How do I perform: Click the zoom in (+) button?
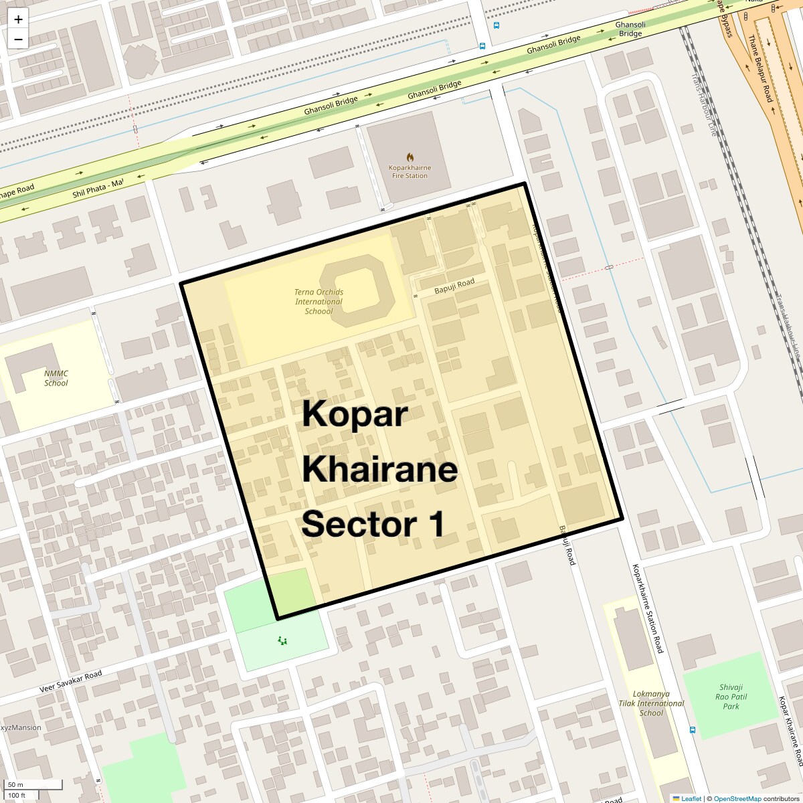18,19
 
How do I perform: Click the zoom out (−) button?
18,39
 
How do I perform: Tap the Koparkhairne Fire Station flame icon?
410,157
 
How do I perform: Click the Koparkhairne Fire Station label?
410,172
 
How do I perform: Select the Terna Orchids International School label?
319,302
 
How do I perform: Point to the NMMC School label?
56,379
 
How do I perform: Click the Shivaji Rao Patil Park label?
731,697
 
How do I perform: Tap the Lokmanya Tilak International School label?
651,703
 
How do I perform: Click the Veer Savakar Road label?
70,681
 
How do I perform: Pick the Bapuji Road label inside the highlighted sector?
454,286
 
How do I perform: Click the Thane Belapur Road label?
761,68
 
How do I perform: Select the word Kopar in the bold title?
354,414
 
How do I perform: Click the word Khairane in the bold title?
379,469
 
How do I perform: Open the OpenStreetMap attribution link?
737,798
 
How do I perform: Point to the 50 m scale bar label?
16,785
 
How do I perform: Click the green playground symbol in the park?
282,641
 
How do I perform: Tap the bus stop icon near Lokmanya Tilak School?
693,730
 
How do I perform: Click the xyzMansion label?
21,727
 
